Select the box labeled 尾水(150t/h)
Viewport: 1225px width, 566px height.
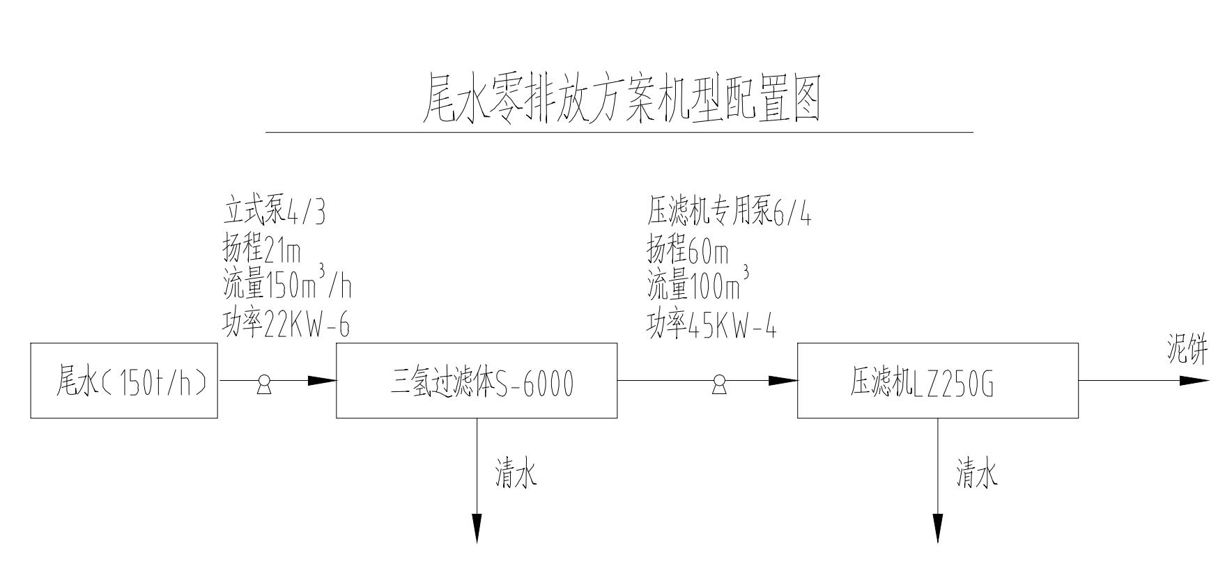[x=124, y=381]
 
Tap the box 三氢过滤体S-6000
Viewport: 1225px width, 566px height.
[x=477, y=381]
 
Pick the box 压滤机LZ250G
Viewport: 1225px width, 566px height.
[x=937, y=381]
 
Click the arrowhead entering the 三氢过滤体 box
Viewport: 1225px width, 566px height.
[x=322, y=381]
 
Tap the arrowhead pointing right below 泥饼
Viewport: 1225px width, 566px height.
[x=1194, y=381]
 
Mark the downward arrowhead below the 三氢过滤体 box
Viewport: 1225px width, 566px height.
[x=477, y=528]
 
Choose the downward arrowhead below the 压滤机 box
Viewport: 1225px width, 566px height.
[x=937, y=528]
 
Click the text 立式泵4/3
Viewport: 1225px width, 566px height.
[x=274, y=212]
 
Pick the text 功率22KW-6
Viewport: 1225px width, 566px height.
[x=286, y=324]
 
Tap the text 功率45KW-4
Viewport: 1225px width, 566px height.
[x=711, y=324]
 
